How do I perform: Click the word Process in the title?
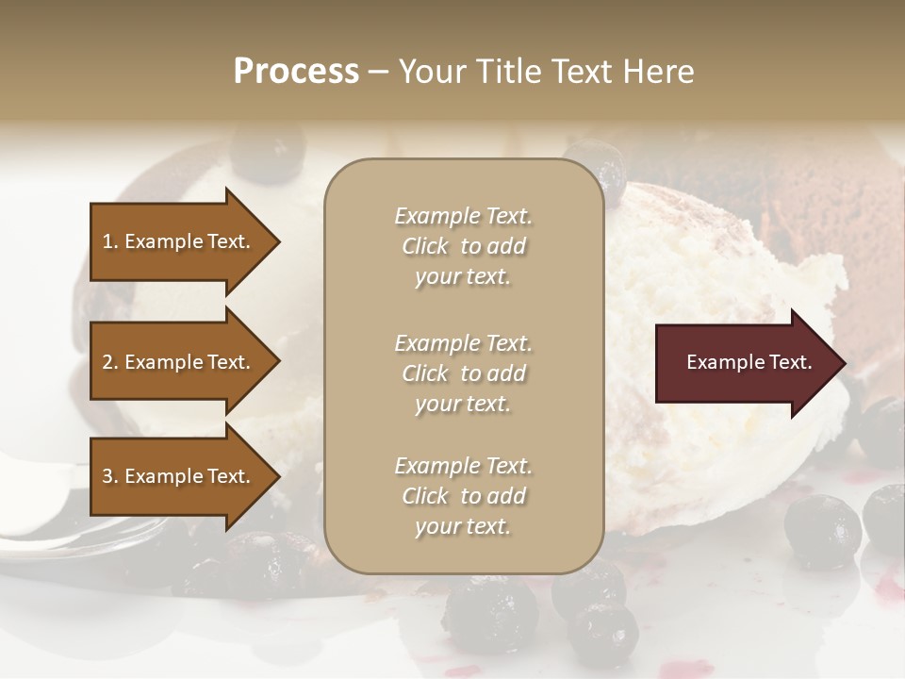click(296, 72)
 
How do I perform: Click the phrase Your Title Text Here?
click(546, 72)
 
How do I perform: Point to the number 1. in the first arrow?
click(110, 241)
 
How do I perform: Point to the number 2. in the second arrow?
click(110, 362)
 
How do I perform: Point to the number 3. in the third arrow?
click(110, 476)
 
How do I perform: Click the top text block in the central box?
click(463, 246)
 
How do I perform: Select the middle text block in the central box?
click(463, 373)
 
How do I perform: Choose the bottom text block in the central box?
click(463, 496)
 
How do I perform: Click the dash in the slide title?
click(378, 73)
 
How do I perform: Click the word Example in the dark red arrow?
click(720, 362)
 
